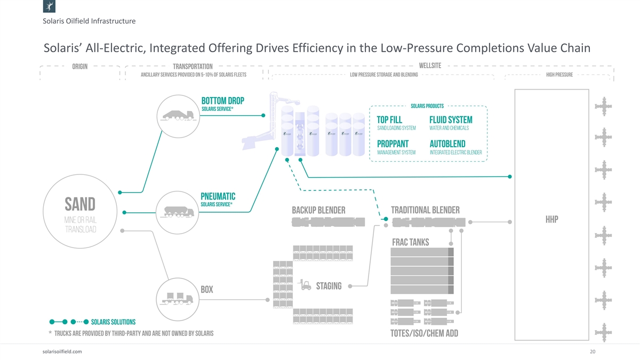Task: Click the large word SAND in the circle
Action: [x=80, y=204]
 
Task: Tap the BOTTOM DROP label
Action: [x=222, y=101]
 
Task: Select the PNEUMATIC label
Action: [x=218, y=196]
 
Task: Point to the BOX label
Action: [x=207, y=290]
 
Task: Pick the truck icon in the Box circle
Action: [x=177, y=298]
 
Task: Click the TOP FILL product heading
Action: [x=389, y=119]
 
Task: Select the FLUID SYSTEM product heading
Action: [x=451, y=119]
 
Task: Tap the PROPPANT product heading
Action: [x=393, y=144]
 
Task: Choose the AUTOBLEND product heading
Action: [x=447, y=144]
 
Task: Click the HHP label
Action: [x=551, y=220]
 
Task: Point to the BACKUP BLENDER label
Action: [x=318, y=210]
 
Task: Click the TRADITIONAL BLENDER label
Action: [x=425, y=210]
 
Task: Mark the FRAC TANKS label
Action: [x=410, y=242]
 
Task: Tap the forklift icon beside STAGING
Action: [x=306, y=285]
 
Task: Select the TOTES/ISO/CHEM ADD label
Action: [x=424, y=334]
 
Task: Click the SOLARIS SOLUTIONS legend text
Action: [x=113, y=322]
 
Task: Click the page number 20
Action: [x=592, y=351]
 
